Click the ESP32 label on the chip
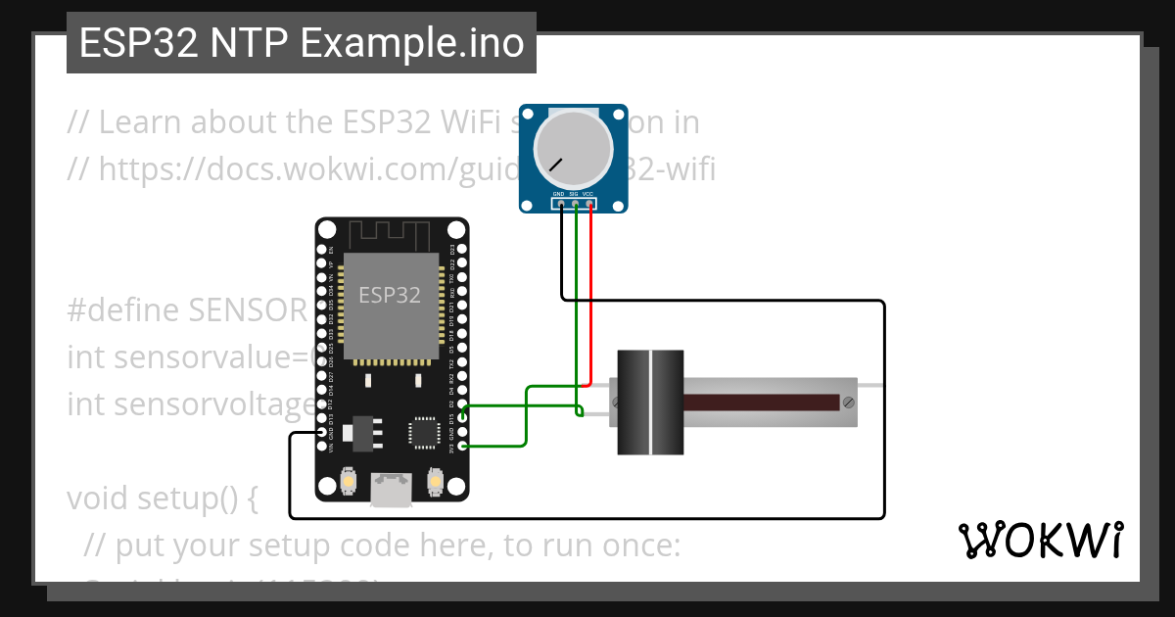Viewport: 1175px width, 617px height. [390, 295]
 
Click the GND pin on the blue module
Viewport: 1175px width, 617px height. [560, 204]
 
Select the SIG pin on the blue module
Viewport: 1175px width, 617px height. [575, 204]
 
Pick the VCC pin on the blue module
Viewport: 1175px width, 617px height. [589, 204]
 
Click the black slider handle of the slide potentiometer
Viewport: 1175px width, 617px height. [650, 402]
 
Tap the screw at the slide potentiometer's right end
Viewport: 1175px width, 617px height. [847, 402]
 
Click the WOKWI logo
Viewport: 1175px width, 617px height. [1040, 540]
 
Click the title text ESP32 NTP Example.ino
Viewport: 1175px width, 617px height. [302, 44]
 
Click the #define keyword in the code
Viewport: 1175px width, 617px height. [123, 310]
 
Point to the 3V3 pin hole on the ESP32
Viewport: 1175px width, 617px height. [462, 447]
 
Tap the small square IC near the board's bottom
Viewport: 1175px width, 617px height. [425, 432]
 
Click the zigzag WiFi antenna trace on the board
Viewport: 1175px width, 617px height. [391, 235]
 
